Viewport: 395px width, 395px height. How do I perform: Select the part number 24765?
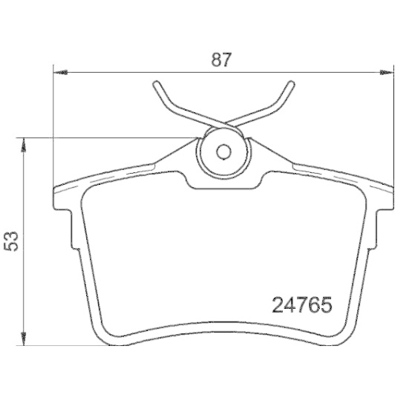pyautogui.click(x=301, y=304)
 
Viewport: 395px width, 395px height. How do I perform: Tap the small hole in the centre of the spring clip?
pyautogui.click(x=223, y=152)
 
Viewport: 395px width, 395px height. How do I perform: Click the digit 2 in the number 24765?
pyautogui.click(x=278, y=304)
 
